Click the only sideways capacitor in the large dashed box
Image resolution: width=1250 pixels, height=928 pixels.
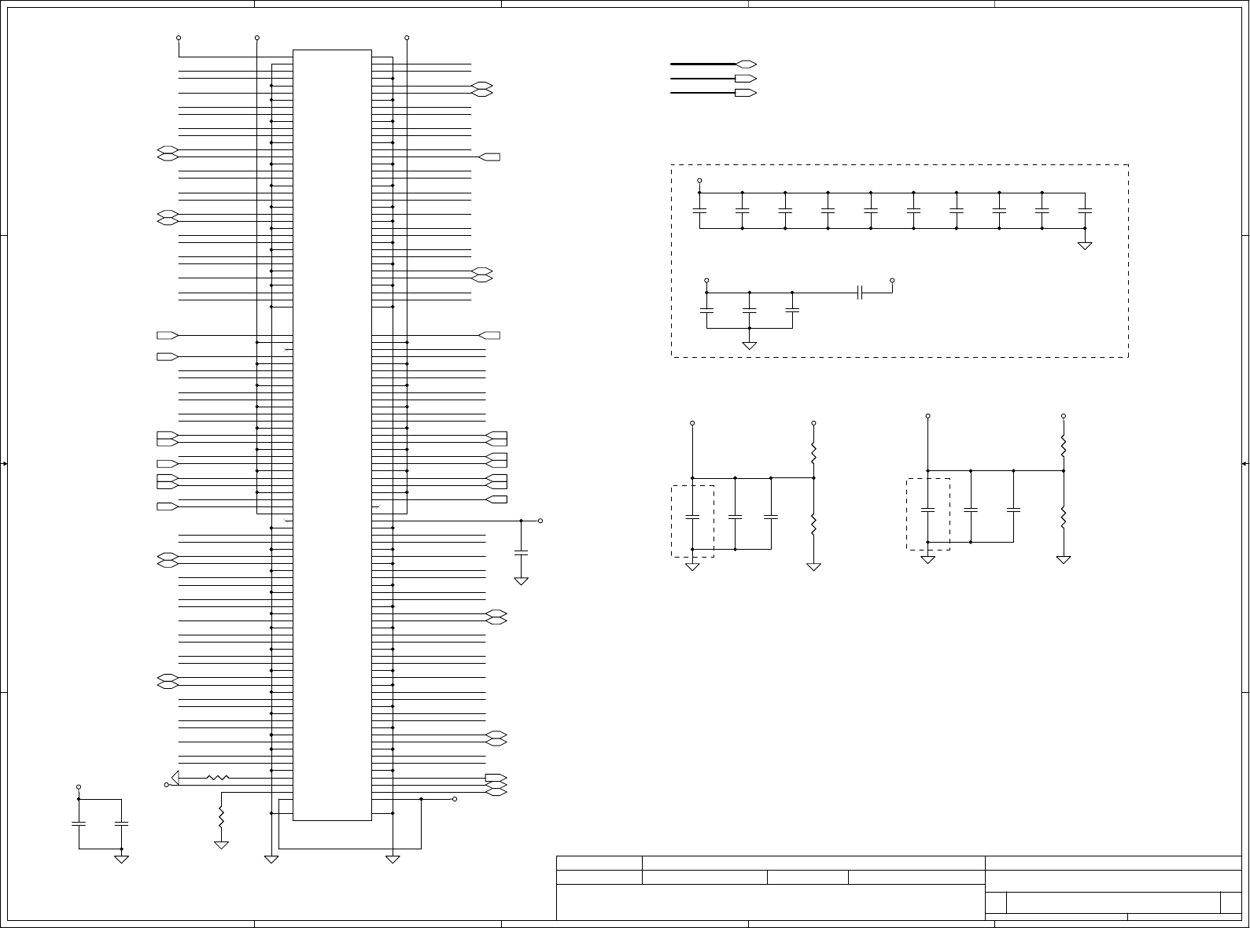click(x=861, y=293)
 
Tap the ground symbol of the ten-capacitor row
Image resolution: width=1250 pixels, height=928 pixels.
click(x=1085, y=245)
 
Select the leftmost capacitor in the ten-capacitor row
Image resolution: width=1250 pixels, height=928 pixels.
click(x=699, y=211)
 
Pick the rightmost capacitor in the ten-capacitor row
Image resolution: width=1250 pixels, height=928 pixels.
click(x=1085, y=211)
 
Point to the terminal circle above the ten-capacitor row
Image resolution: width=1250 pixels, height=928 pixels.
click(x=699, y=180)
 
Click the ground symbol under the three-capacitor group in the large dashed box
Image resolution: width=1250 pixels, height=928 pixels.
click(x=750, y=344)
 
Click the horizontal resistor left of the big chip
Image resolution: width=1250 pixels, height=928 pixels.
click(x=218, y=778)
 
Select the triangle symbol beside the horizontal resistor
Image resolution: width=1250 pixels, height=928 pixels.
click(x=175, y=778)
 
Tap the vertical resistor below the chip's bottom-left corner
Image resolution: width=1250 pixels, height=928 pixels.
click(x=221, y=817)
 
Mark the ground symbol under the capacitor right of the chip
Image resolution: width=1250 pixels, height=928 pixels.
click(x=521, y=581)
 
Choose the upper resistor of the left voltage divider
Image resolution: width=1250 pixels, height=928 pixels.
click(x=814, y=454)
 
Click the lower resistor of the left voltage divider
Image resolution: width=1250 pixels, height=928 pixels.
click(x=814, y=523)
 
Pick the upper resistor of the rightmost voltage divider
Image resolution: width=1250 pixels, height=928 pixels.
click(x=1064, y=447)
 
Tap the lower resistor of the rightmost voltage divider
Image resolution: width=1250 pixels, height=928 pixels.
click(x=1064, y=517)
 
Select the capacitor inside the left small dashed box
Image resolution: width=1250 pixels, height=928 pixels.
click(x=692, y=517)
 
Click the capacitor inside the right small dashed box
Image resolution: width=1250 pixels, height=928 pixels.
click(x=928, y=510)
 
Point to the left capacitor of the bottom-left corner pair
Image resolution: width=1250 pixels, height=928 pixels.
click(x=79, y=823)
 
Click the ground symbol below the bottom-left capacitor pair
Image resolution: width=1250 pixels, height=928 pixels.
click(x=121, y=859)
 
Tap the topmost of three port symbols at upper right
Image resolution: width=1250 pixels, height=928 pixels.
click(x=746, y=64)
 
